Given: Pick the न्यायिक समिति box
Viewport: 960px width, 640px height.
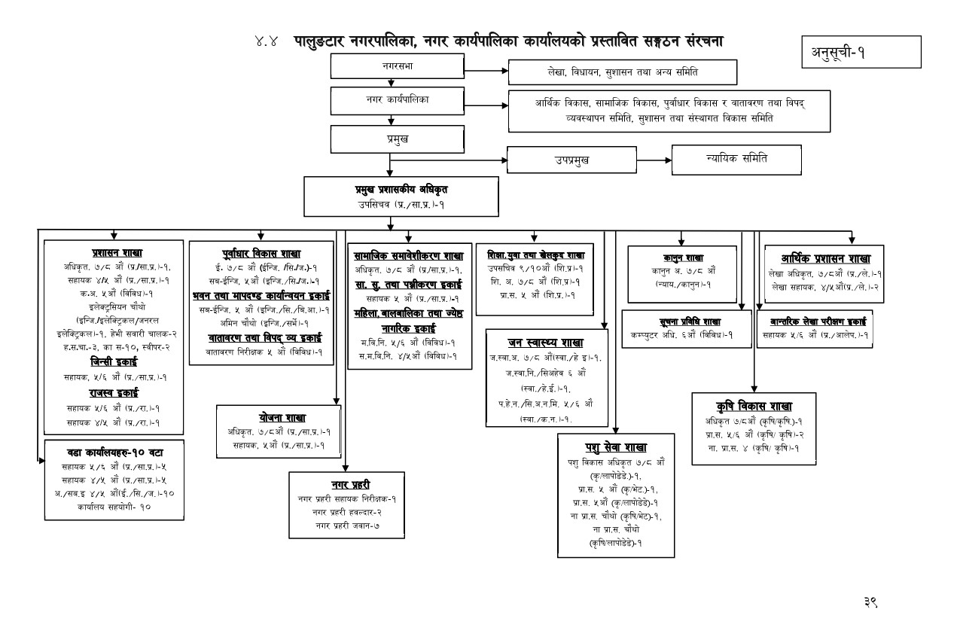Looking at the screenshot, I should click(x=736, y=158).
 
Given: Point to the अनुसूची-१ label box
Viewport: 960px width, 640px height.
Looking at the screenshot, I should click(x=861, y=53).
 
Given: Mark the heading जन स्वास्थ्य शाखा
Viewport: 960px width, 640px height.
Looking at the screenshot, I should click(x=546, y=343).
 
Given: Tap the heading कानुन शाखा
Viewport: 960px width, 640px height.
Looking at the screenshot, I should click(x=678, y=257).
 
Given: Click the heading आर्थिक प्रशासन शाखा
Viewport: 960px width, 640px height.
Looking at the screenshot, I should click(x=823, y=258).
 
